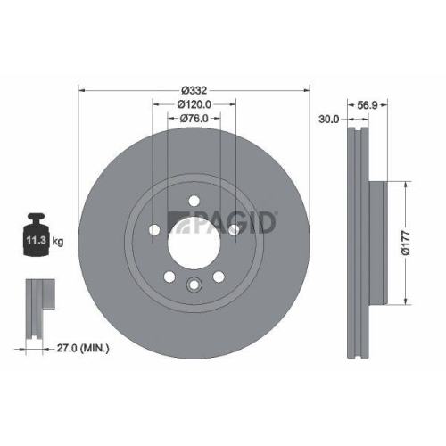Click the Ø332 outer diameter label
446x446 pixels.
click(194, 89)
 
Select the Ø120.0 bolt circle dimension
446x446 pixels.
click(194, 103)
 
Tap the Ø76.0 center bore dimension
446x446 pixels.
click(194, 118)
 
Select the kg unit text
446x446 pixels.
click(57, 240)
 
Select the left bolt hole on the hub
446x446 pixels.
click(153, 230)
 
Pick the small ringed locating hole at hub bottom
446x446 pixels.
click(194, 285)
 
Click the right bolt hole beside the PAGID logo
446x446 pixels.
click(235, 230)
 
